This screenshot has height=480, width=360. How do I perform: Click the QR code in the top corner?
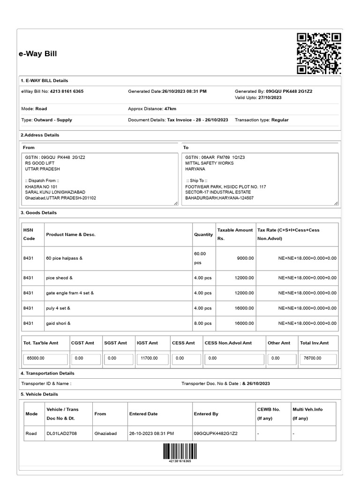(319, 54)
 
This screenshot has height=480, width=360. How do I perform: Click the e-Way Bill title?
(38, 54)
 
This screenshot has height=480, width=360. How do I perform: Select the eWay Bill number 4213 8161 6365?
(67, 91)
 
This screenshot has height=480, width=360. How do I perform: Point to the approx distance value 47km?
(170, 109)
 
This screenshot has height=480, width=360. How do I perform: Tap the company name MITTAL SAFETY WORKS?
(209, 163)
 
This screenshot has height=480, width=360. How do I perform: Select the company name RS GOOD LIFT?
(40, 163)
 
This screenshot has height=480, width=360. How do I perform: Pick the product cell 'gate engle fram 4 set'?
(70, 293)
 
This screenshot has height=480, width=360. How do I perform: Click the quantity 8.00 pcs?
(202, 323)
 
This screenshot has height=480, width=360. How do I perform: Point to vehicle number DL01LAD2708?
(61, 434)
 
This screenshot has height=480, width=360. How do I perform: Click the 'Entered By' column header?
(206, 414)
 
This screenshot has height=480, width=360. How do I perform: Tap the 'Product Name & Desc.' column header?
(71, 234)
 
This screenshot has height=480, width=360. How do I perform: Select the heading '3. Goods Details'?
(39, 213)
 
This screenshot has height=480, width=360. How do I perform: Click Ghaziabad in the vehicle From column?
(105, 434)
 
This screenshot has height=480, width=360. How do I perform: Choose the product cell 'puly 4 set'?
(58, 308)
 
